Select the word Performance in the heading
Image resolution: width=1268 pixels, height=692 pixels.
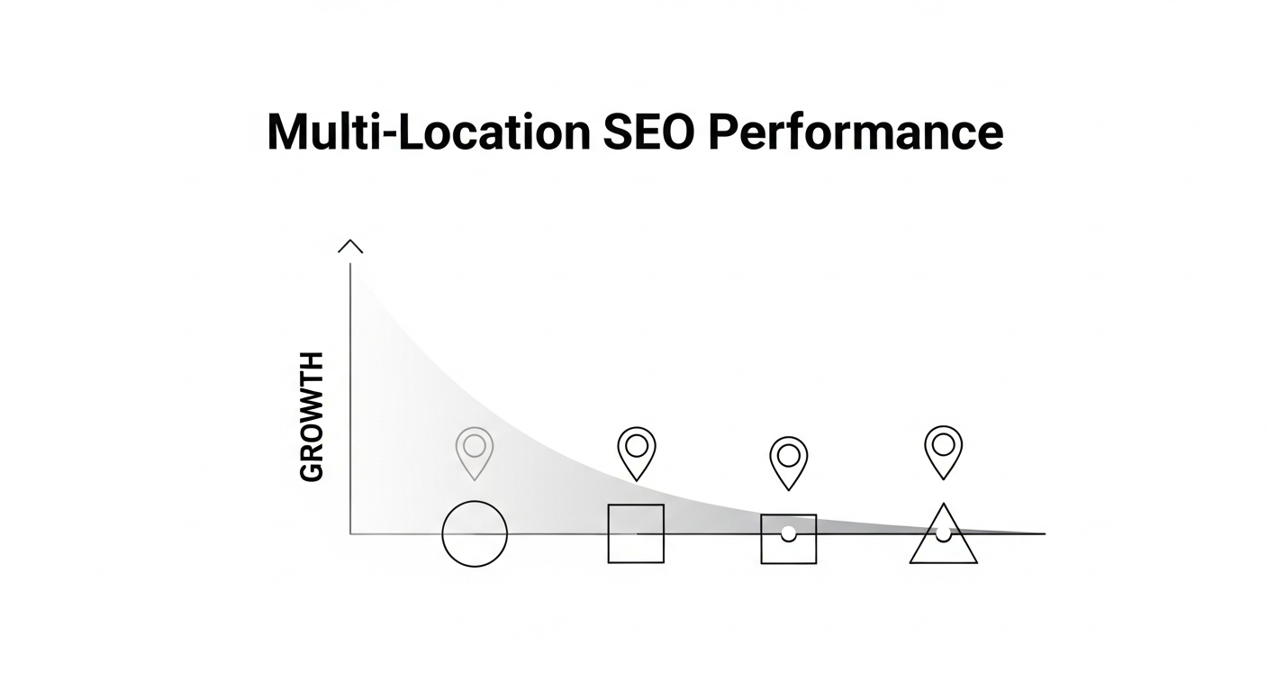click(855, 132)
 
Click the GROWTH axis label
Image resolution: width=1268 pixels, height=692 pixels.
click(311, 417)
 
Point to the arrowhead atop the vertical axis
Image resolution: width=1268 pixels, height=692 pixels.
click(349, 246)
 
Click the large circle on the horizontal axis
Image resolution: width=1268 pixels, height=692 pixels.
click(475, 533)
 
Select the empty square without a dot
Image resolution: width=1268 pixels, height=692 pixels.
click(636, 533)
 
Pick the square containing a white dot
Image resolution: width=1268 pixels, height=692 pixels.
click(789, 539)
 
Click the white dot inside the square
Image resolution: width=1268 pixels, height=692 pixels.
click(789, 533)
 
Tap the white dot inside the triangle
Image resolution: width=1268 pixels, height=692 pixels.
click(943, 533)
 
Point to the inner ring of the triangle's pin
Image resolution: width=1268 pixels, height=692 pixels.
click(944, 443)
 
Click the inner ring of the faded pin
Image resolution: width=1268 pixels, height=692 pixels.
click(475, 445)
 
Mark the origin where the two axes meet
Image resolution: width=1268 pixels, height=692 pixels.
click(350, 533)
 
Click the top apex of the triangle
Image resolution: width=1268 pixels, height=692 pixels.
click(943, 505)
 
